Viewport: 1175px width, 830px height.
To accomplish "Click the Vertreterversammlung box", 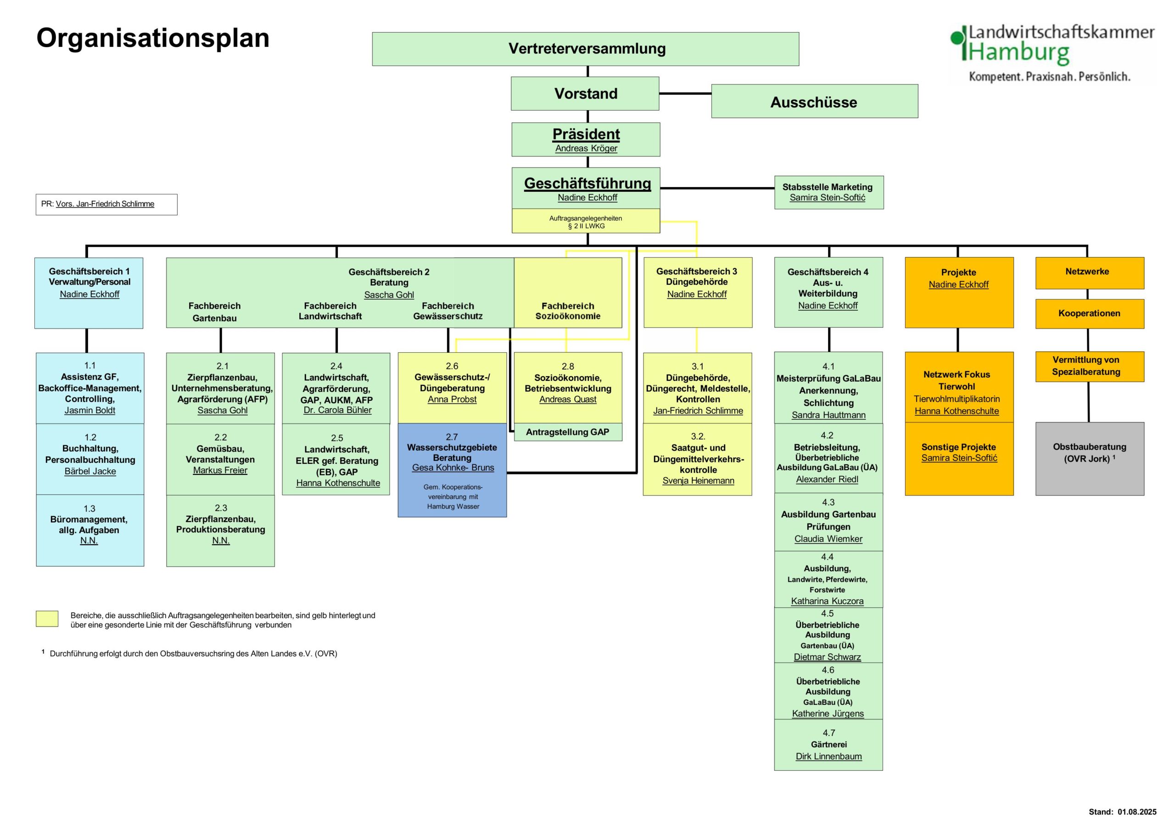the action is point(586,49).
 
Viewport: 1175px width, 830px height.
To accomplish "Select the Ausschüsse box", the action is point(815,101).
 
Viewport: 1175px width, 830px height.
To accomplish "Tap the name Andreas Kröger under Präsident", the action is point(586,148).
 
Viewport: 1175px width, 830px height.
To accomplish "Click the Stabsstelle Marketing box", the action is point(829,192).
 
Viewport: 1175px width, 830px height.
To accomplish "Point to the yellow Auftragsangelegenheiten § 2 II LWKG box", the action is point(586,221).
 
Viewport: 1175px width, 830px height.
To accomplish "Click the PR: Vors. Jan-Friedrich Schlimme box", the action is point(106,204).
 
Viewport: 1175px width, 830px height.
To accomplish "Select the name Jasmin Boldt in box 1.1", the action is point(90,410).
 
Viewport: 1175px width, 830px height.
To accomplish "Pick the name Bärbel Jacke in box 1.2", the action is point(90,471).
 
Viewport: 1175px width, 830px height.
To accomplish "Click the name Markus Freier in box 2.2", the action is point(220,470).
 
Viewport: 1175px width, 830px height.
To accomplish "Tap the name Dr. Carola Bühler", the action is point(337,410).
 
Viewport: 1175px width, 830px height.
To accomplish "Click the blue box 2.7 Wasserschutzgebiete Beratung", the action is point(453,470).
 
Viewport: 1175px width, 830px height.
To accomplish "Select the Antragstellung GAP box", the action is point(568,432).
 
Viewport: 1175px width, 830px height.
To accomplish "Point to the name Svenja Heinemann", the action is point(698,481).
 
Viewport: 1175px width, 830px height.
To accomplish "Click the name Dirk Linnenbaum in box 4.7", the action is point(828,756).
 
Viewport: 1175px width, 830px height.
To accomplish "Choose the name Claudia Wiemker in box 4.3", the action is point(828,539).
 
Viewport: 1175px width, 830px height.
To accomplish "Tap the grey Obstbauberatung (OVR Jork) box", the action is point(1090,459).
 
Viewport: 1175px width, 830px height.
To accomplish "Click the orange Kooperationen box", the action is point(1090,314).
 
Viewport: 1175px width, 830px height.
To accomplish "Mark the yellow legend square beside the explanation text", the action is point(47,618).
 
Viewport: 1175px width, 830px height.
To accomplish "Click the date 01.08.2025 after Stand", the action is point(1137,812).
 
